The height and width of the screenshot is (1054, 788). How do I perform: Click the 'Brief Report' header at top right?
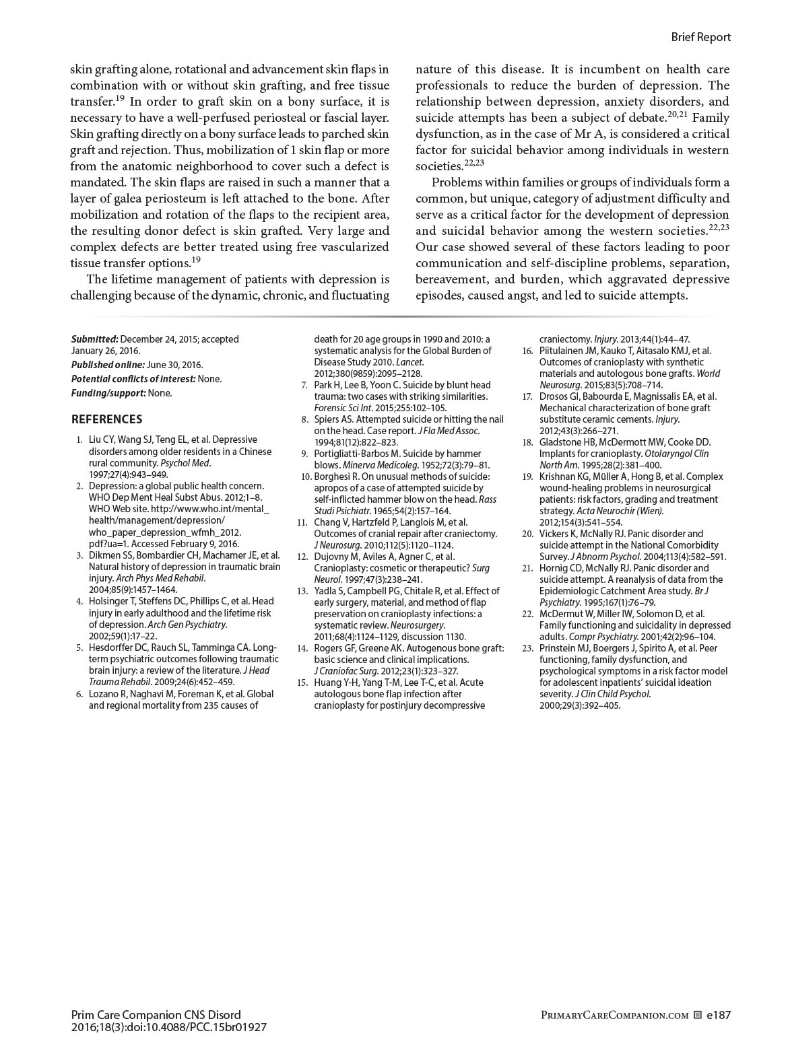point(700,37)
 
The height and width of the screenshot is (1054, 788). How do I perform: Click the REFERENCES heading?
point(106,419)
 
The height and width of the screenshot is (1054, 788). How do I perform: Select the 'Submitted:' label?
point(95,339)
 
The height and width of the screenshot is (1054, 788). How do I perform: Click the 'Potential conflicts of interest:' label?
point(133,379)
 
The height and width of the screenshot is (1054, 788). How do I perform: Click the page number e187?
point(719,1015)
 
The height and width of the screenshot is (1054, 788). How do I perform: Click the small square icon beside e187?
point(698,1015)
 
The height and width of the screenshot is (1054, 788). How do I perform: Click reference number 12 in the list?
point(302,557)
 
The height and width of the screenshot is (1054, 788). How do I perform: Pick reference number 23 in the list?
point(527,648)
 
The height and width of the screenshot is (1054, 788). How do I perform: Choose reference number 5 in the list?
point(79,647)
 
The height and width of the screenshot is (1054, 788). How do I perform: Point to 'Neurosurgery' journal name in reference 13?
point(417,625)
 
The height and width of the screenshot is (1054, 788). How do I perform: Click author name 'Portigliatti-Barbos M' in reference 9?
point(356,454)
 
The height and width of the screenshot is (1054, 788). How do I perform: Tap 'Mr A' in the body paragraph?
point(592,134)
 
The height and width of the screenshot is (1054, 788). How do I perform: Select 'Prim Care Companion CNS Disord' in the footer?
point(156,1015)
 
